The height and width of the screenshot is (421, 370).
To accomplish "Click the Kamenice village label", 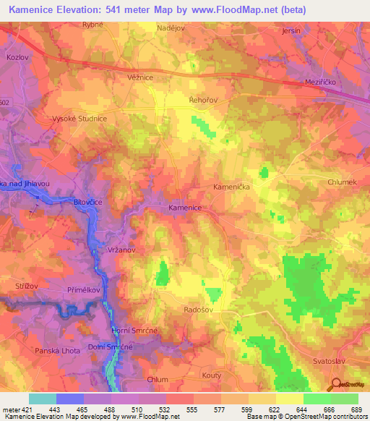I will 184,208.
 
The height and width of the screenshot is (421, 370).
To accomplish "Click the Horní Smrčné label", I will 131,331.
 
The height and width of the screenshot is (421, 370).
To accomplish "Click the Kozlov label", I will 16,56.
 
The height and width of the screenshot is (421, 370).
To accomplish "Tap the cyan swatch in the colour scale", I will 43,399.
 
